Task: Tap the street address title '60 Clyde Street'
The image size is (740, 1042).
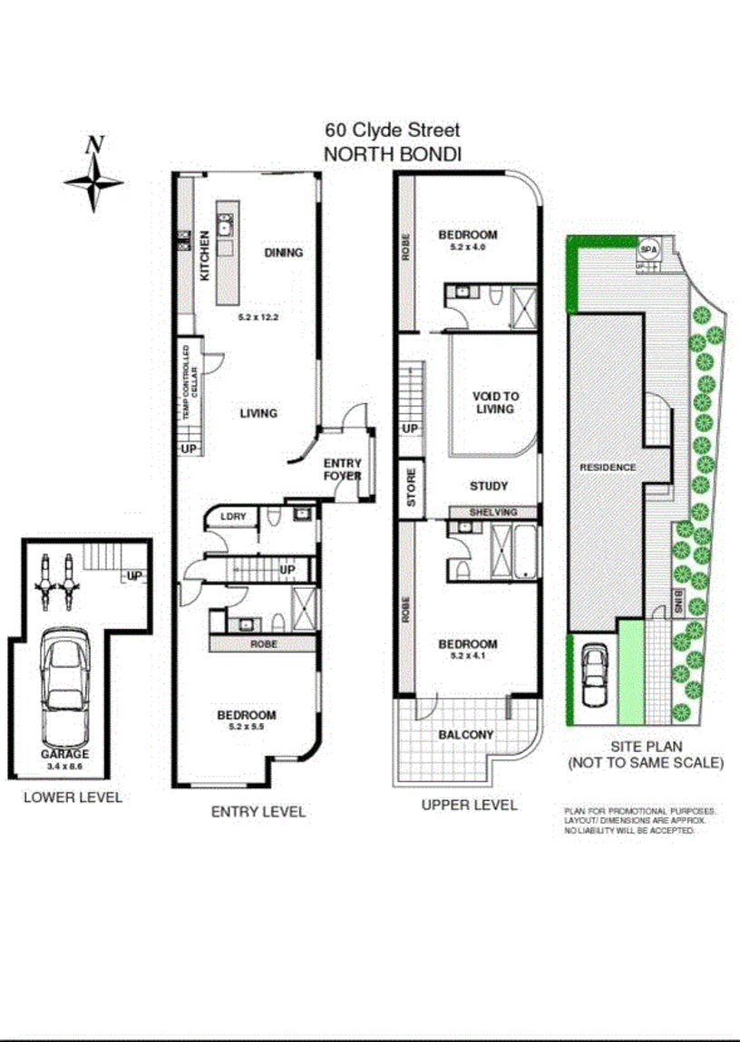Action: coord(394,131)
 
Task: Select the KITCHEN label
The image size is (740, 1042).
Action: coord(205,255)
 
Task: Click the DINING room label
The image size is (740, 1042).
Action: coord(283,253)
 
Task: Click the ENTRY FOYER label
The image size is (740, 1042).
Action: coord(343,469)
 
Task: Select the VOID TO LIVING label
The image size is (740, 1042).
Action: coord(495,402)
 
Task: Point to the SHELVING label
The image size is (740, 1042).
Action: coord(493,512)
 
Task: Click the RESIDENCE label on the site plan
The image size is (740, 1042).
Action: coord(609,468)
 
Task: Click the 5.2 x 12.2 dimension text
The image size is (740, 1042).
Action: coord(257,318)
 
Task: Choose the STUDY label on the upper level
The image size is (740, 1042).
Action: coord(488,486)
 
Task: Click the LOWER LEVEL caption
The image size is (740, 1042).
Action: coord(73,797)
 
